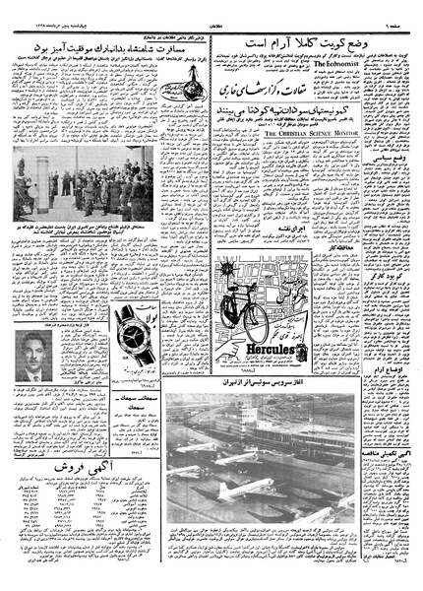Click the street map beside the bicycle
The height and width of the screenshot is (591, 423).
click(295, 295)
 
